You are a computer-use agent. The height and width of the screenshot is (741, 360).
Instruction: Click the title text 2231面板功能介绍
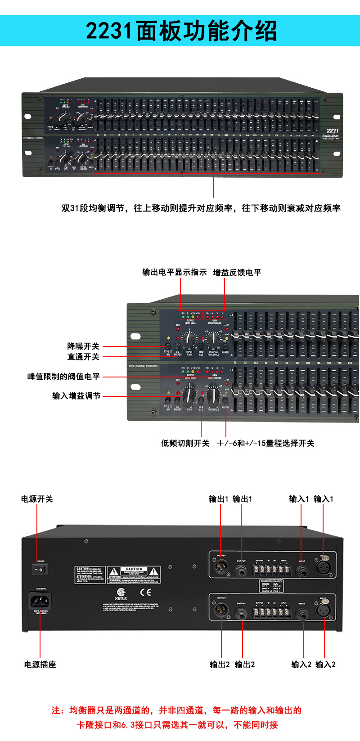coord(181,31)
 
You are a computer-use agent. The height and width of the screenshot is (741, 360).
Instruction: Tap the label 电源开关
coord(37,499)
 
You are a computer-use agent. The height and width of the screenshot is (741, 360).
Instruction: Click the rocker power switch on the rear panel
coord(40,569)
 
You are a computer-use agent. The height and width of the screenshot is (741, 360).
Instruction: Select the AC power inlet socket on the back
coord(40,601)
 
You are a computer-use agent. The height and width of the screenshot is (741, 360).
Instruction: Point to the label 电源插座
coord(40,665)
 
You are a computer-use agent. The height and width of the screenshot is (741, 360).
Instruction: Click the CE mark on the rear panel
coord(145,592)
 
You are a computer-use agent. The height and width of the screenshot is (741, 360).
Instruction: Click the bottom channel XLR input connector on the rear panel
coord(324,611)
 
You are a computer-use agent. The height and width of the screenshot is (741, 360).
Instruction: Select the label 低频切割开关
coord(185,443)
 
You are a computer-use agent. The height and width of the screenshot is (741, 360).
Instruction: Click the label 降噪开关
coord(83,346)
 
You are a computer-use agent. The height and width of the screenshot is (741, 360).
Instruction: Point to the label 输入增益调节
coord(76,396)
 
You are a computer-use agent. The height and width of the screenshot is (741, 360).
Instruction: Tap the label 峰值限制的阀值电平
coord(63,377)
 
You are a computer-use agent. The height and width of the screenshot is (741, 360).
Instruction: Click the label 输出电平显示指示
coord(175,272)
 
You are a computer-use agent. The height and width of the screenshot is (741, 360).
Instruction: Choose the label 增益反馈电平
coord(237,272)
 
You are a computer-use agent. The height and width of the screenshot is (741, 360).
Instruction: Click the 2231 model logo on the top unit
coord(332,131)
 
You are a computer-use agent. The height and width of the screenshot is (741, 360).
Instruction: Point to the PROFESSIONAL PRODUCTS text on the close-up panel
coord(144,366)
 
